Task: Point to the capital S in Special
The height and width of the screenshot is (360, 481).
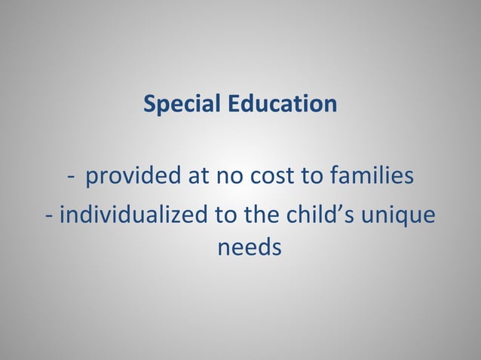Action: click(149, 104)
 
